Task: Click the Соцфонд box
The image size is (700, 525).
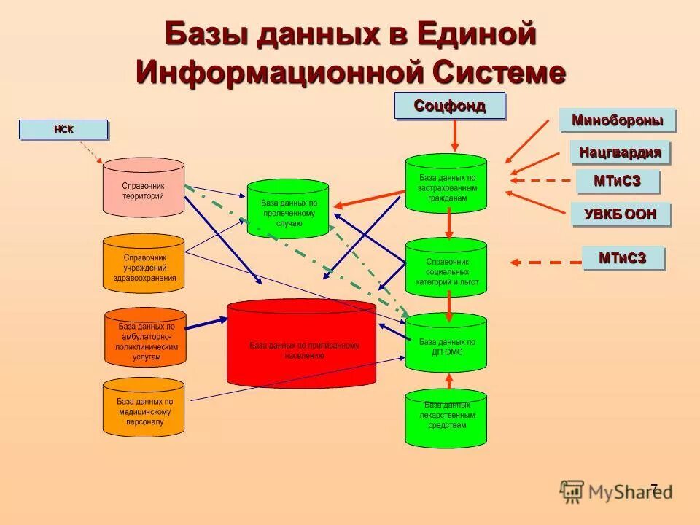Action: pyautogui.click(x=449, y=106)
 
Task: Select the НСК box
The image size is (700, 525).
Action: pyautogui.click(x=63, y=130)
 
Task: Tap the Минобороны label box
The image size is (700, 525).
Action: pyautogui.click(x=617, y=120)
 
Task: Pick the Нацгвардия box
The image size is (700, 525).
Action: pyautogui.click(x=620, y=152)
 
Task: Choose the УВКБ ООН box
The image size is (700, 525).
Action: pyautogui.click(x=620, y=214)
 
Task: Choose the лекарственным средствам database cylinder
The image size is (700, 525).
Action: pyautogui.click(x=446, y=419)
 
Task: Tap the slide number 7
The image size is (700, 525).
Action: pyautogui.click(x=653, y=489)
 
